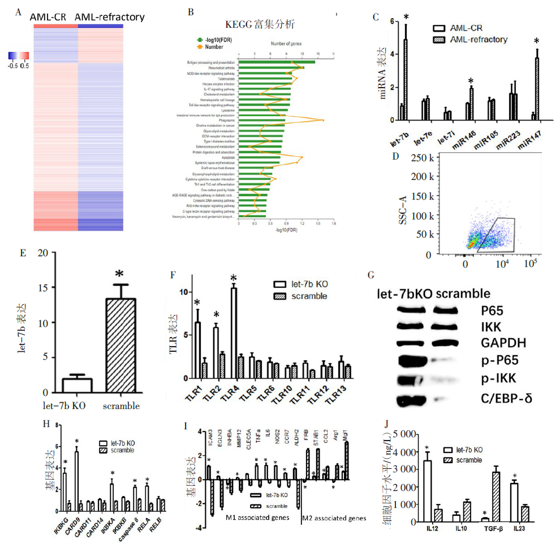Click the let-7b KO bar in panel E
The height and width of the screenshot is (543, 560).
click(x=72, y=385)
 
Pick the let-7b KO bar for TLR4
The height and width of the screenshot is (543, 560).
click(x=232, y=333)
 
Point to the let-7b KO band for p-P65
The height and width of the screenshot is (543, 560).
click(x=411, y=361)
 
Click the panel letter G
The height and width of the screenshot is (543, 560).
click(x=371, y=275)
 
